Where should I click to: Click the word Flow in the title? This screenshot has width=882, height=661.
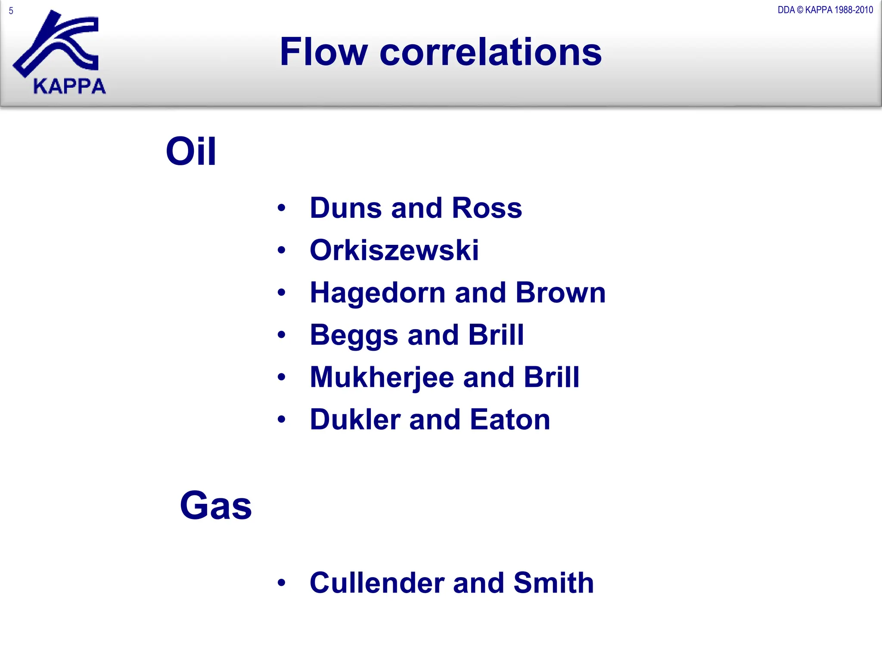(x=323, y=52)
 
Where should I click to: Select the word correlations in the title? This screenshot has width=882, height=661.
(x=491, y=52)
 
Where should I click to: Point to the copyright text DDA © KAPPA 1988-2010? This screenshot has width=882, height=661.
(x=825, y=10)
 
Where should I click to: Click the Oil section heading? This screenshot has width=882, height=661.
(x=191, y=151)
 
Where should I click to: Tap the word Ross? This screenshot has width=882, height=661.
(x=487, y=208)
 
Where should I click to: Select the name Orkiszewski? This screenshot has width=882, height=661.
(x=394, y=250)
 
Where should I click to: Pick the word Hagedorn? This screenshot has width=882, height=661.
(x=378, y=293)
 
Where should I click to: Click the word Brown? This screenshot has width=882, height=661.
(x=560, y=293)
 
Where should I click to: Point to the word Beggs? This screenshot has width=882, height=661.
(x=354, y=335)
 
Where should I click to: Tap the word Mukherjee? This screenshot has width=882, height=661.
(x=382, y=377)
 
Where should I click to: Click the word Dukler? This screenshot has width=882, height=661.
(x=355, y=420)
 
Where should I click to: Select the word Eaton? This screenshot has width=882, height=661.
(x=510, y=420)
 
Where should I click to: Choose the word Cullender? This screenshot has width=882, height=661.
(x=376, y=583)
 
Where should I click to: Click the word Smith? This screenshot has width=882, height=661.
(x=553, y=583)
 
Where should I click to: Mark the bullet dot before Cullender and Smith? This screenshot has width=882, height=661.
(x=282, y=583)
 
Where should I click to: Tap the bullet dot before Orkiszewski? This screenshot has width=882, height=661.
(x=282, y=250)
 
